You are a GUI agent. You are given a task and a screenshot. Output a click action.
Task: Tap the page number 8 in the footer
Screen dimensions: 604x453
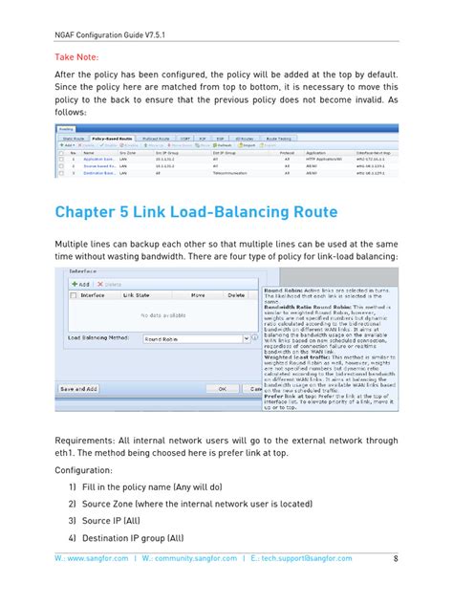[x=395, y=557]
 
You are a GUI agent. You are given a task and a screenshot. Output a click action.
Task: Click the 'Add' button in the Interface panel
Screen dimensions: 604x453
[x=81, y=284]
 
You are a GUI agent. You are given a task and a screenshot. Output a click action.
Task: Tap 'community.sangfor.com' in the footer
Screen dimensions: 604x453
[x=204, y=557]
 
